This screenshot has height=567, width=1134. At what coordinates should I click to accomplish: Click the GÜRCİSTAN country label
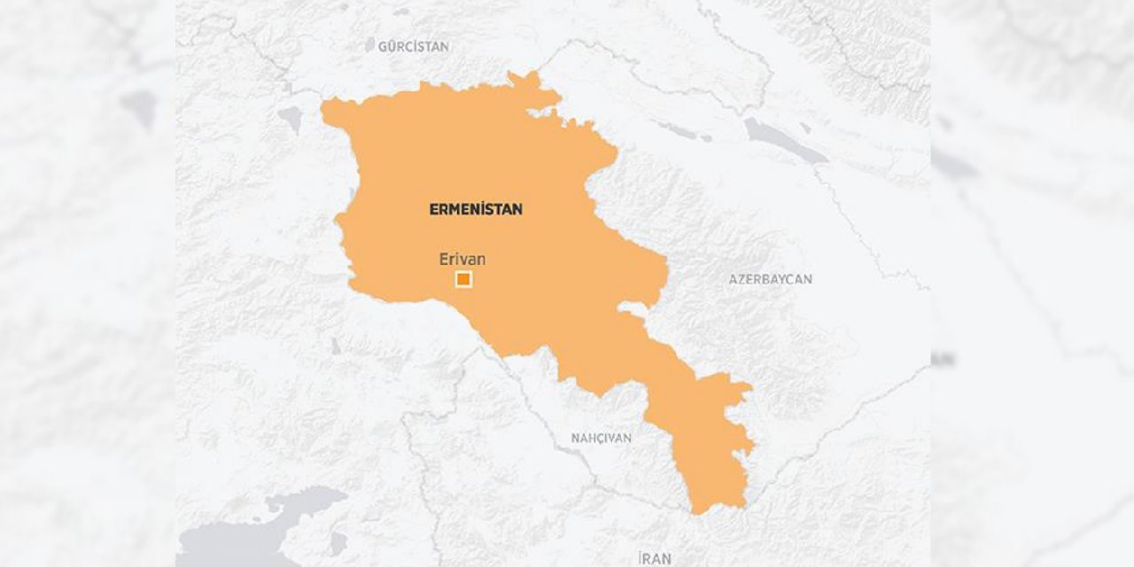point(413,47)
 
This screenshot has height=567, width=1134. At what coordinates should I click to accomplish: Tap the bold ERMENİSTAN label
point(476,210)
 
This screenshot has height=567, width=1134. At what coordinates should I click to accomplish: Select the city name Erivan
point(462,260)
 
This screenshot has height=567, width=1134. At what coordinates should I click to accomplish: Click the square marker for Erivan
point(463,280)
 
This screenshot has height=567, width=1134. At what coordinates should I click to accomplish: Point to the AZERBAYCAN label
point(770,279)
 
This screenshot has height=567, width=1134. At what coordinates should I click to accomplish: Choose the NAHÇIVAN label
point(601,439)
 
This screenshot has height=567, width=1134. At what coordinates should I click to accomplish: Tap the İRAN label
point(655,558)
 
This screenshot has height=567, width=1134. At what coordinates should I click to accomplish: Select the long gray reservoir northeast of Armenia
point(784,140)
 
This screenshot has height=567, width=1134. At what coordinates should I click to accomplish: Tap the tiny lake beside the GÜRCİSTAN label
point(370,44)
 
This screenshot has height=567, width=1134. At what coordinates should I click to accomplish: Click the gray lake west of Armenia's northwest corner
point(290,118)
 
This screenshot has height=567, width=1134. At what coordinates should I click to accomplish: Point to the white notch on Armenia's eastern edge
point(631,310)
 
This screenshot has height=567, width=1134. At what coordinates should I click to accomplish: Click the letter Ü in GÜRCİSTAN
point(392,47)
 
